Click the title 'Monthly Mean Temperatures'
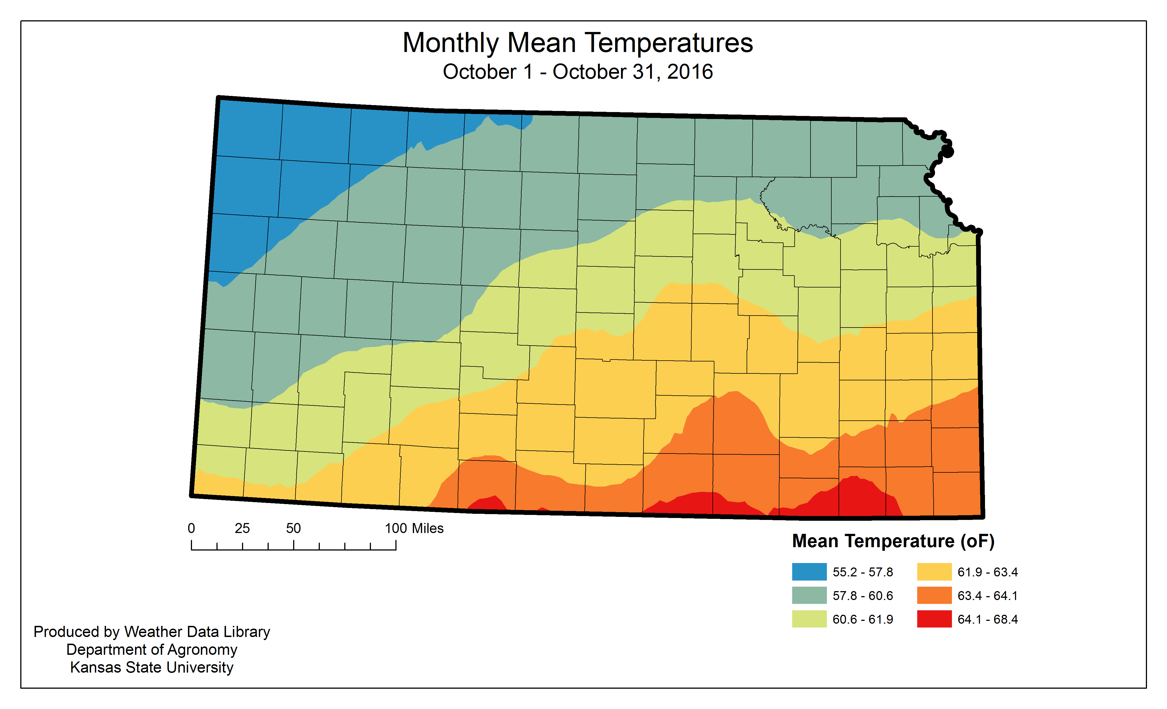[577, 43]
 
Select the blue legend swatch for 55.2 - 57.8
[809, 572]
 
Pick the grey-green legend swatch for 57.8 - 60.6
[809, 595]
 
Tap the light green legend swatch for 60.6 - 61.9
[809, 619]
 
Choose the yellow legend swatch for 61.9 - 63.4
[934, 572]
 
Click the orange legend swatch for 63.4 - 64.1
[934, 595]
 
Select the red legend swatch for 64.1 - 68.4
[934, 619]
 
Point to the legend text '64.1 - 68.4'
[988, 619]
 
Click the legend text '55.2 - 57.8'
[862, 572]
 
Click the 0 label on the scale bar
[191, 529]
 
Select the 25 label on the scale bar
[242, 529]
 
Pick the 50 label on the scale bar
[293, 529]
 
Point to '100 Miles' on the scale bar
[414, 529]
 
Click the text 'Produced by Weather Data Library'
[151, 632]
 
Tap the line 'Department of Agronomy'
[151, 650]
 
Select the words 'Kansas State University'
[151, 667]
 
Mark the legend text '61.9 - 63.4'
[988, 572]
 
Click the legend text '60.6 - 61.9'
[862, 619]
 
